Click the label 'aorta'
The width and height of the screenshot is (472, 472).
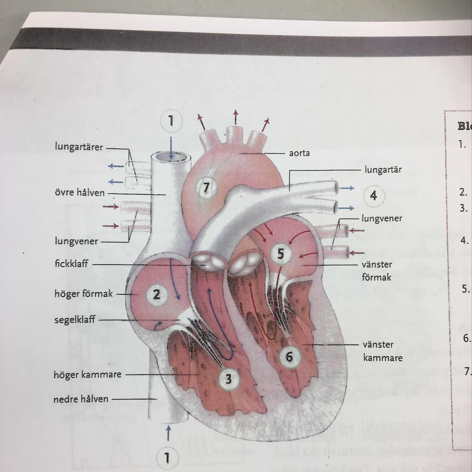click(299, 153)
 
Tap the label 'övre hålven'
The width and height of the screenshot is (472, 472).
click(80, 193)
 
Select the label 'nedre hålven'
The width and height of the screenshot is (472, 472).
click(81, 399)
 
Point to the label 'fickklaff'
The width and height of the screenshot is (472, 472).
click(71, 263)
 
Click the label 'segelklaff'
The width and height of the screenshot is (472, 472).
click(75, 319)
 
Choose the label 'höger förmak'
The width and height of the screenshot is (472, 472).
click(83, 294)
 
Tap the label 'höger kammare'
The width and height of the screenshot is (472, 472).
click(87, 374)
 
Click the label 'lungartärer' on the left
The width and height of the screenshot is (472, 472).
click(79, 147)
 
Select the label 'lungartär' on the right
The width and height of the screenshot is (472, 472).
click(383, 170)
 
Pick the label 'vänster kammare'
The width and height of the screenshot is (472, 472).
click(382, 351)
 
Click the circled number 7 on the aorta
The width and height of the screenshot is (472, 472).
click(206, 187)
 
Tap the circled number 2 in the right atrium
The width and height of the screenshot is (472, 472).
click(156, 294)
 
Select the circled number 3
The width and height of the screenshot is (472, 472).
click(228, 379)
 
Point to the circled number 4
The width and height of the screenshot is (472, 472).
click(373, 195)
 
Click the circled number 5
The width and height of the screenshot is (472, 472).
click(281, 254)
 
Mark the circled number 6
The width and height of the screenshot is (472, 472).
click(289, 357)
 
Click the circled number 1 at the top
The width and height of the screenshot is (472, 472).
click(171, 121)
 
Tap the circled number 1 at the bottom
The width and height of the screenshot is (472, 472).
click(167, 458)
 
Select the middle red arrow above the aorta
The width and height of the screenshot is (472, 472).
click(235, 117)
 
